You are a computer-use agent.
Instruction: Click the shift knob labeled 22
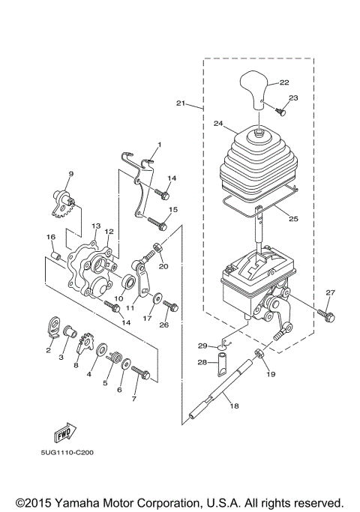click(x=256, y=88)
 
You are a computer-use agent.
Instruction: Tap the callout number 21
click(x=180, y=103)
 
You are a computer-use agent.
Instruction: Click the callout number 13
click(x=96, y=226)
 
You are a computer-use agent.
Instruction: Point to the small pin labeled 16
click(x=55, y=260)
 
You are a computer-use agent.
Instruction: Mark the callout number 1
click(x=159, y=144)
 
